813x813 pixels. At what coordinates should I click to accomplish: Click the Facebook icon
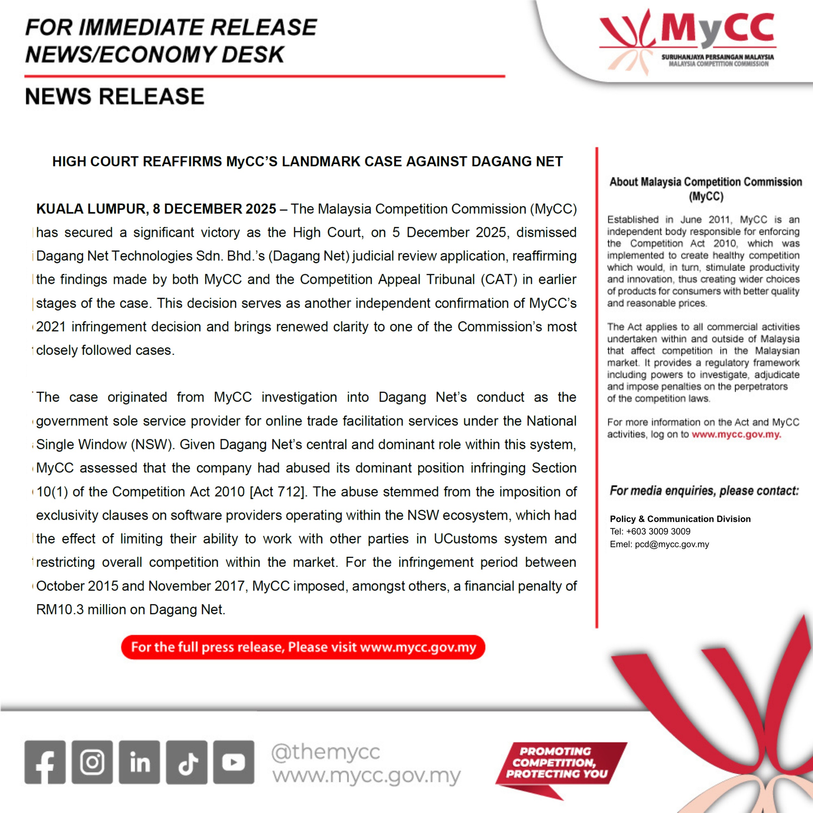pyautogui.click(x=45, y=762)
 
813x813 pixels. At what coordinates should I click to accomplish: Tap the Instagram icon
pyautogui.click(x=92, y=762)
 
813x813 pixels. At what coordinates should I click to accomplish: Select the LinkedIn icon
pyautogui.click(x=139, y=762)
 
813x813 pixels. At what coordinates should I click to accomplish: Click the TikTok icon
pyautogui.click(x=186, y=762)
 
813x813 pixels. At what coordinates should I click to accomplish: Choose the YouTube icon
pyautogui.click(x=233, y=762)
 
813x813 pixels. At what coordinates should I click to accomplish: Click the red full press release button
pyautogui.click(x=303, y=647)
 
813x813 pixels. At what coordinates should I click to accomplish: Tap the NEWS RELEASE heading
pyautogui.click(x=114, y=96)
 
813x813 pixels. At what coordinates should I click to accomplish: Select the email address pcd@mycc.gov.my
pyautogui.click(x=672, y=545)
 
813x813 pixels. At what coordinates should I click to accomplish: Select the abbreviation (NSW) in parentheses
pyautogui.click(x=153, y=444)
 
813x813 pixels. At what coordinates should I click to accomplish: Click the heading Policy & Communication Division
pyautogui.click(x=680, y=519)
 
